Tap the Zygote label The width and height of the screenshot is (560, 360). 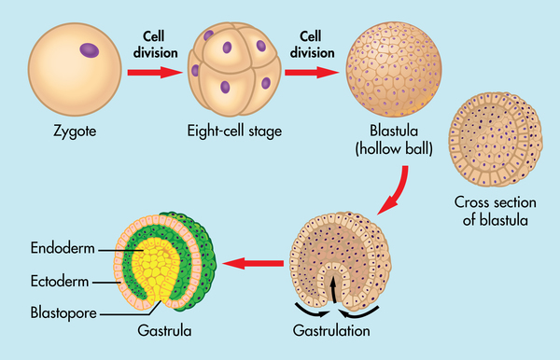(x=75, y=132)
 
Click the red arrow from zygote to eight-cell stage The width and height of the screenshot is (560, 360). (x=151, y=71)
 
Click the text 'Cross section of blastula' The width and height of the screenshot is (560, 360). (x=491, y=211)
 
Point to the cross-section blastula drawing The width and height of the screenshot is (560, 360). (x=492, y=137)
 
